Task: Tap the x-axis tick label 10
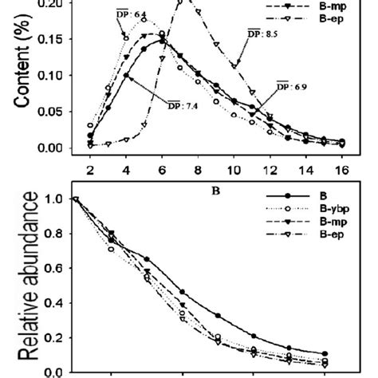pyautogui.click(x=234, y=169)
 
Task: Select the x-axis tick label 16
pyautogui.click(x=341, y=169)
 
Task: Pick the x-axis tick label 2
pyautogui.click(x=89, y=169)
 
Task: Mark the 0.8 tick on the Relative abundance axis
pyautogui.click(x=57, y=233)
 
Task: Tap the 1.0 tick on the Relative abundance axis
pyautogui.click(x=57, y=199)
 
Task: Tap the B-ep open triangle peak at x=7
pyautogui.click(x=179, y=2)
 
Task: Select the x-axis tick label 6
pyautogui.click(x=162, y=169)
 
